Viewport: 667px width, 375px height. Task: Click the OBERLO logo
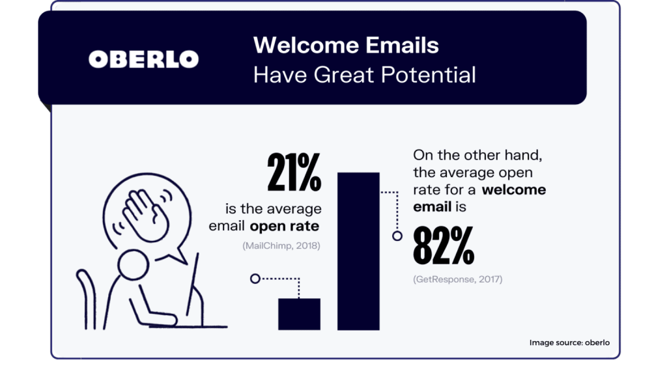[x=143, y=59]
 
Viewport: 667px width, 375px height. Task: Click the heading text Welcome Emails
[x=346, y=45]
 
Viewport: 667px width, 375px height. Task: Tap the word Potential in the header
[x=429, y=75]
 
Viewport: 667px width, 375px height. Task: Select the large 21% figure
[x=294, y=172]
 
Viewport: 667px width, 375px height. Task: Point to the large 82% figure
[x=444, y=245]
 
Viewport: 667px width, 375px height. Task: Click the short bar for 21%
[x=299, y=314]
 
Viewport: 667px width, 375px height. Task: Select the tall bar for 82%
[x=358, y=251]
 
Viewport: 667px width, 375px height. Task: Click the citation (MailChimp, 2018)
[x=281, y=245]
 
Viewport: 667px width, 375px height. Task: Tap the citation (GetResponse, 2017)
[x=458, y=279]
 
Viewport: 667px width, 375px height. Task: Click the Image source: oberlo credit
[x=569, y=342]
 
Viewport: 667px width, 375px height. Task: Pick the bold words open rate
[x=284, y=226]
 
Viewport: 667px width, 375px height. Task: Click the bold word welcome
[x=513, y=189]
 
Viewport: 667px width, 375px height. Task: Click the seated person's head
[x=133, y=264]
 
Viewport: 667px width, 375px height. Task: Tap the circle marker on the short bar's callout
[x=255, y=279]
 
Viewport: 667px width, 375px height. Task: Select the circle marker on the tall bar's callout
[x=397, y=236]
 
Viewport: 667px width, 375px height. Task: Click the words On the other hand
[x=477, y=155]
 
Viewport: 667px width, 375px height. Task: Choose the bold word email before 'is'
[x=433, y=206]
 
